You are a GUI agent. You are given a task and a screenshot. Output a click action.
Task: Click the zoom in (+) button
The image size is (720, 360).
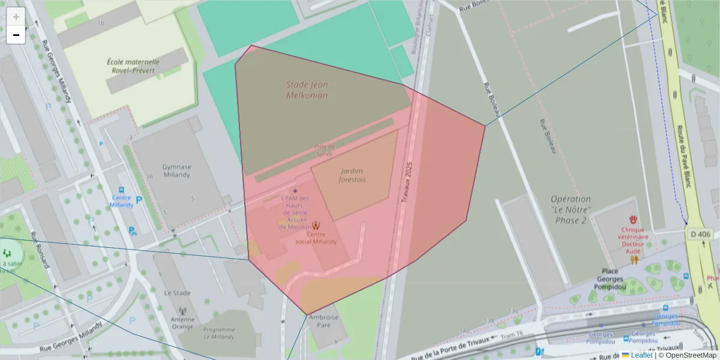tap(16, 17)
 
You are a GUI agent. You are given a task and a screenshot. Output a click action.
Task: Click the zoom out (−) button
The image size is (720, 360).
tap(16, 35)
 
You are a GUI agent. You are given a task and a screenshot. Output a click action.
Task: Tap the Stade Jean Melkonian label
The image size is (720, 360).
tap(307, 90)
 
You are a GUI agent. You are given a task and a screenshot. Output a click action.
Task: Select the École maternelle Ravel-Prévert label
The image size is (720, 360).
tap(133, 65)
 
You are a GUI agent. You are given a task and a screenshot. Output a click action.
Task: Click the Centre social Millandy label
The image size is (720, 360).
tap(316, 238)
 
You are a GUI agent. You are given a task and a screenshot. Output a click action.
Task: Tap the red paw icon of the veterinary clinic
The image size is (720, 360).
tap(633, 220)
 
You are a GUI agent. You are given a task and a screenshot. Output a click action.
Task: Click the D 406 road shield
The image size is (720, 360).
tap(700, 234)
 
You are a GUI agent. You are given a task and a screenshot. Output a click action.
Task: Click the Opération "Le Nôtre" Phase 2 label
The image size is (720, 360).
tap(571, 209)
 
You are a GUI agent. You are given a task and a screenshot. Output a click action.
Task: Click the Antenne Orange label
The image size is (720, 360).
tap(182, 323)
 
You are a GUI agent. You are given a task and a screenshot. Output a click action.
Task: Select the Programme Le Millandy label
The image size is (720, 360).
tap(218, 333)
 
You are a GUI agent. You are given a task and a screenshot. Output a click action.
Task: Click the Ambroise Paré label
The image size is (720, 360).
tap(323, 321)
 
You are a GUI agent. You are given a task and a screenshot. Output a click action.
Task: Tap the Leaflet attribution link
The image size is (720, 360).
tap(641, 355)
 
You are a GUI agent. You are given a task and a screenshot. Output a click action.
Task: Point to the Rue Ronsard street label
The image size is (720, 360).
tap(43, 251)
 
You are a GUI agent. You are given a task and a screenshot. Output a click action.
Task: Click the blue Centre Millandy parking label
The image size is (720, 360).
tap(121, 201)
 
